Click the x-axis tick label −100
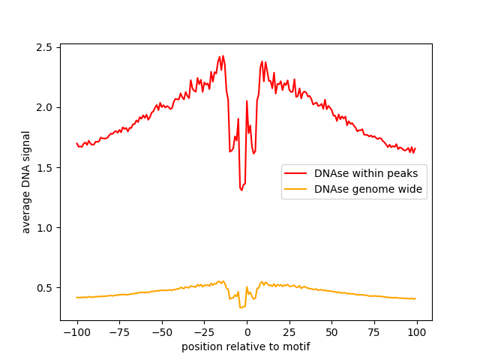point(76,333)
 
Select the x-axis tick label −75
point(119,333)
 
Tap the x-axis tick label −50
point(162,333)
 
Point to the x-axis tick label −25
point(204,333)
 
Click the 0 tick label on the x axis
point(247,333)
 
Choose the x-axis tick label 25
point(289,333)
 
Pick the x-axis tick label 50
point(332,333)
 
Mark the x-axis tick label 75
point(375,333)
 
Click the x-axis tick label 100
point(417,333)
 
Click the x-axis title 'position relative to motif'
point(246,347)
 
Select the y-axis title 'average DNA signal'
point(26,182)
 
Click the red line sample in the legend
point(296,173)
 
